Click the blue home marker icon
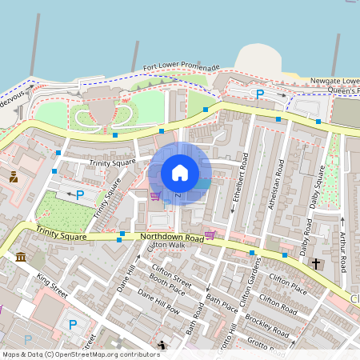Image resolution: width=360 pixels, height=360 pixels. click(180, 173)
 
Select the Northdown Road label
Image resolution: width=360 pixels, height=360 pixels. click(172, 238)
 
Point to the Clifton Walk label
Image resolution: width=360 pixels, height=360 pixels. click(166, 245)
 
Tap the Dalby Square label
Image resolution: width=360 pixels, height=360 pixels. click(318, 186)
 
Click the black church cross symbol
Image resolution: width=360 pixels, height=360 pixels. click(316, 263)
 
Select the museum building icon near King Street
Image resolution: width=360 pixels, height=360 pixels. click(20, 257)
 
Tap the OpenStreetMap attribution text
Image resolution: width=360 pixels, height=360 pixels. click(80, 354)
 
